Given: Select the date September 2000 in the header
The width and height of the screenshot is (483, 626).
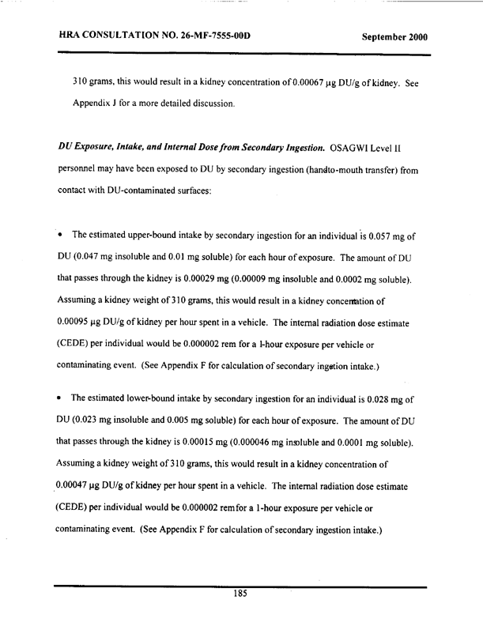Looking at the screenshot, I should (394, 37).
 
